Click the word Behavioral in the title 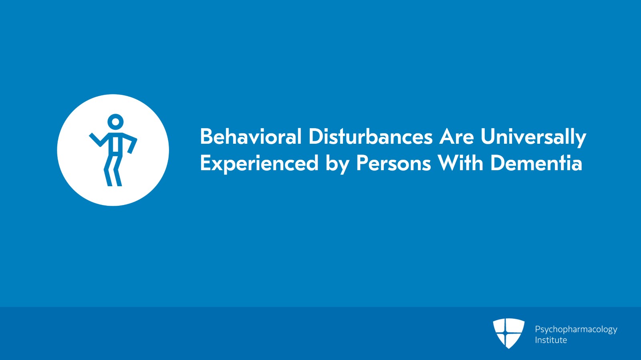(x=251, y=137)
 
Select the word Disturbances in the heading (x=371, y=137)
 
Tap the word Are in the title (x=457, y=137)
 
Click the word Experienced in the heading (x=259, y=163)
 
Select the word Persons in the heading (x=393, y=163)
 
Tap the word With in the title (x=460, y=163)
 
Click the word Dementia (x=536, y=163)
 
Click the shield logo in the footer (x=508, y=333)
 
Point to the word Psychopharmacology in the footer (x=576, y=330)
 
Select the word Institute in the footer (x=551, y=340)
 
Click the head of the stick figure (x=116, y=122)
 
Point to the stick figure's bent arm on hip (x=131, y=143)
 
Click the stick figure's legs (x=113, y=171)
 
